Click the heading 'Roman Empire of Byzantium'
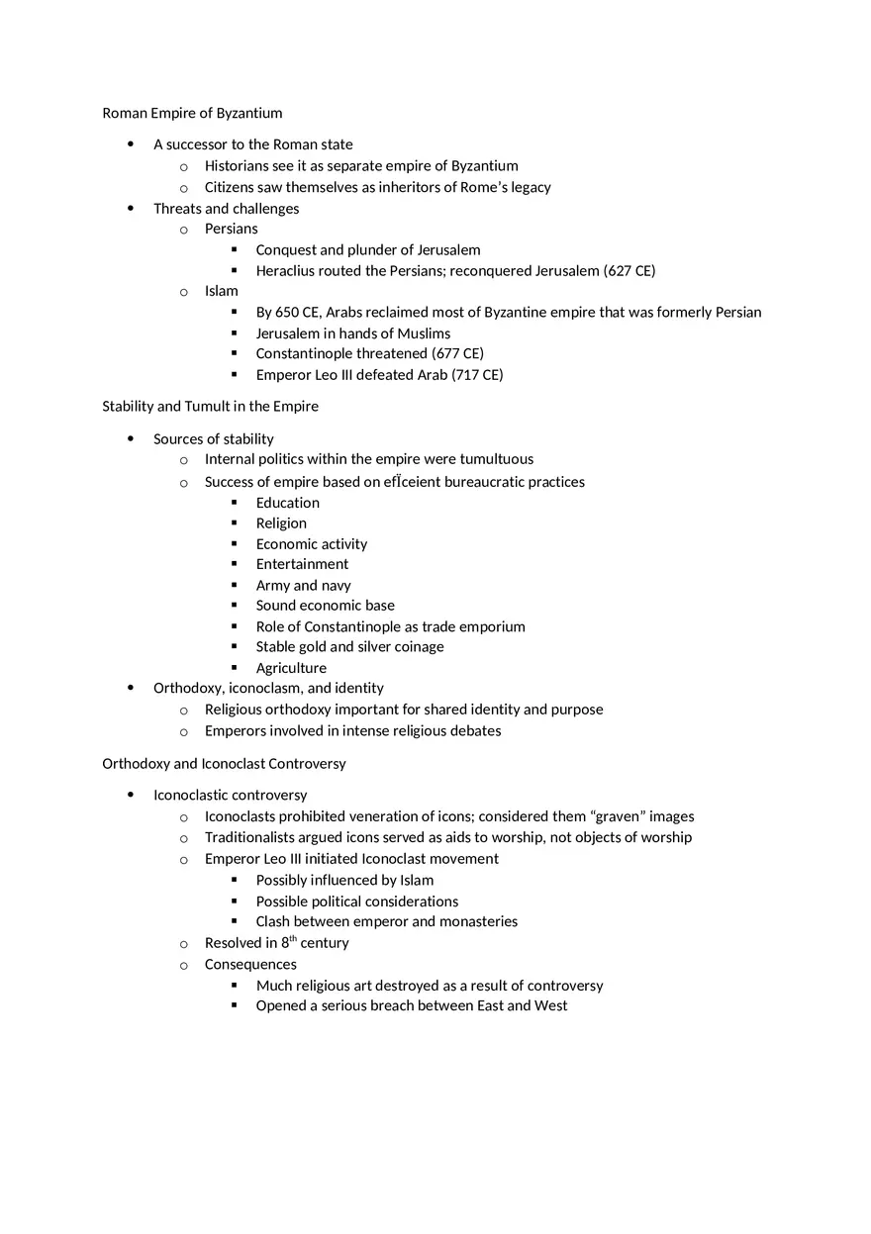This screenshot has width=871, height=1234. [x=192, y=113]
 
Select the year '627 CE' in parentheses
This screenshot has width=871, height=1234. [x=629, y=270]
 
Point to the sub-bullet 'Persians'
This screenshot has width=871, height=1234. [x=231, y=229]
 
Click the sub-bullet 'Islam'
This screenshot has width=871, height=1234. [x=222, y=291]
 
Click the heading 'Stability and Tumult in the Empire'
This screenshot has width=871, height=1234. [x=210, y=406]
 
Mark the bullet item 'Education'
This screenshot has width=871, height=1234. [x=287, y=503]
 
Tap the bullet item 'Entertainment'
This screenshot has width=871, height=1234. [x=302, y=564]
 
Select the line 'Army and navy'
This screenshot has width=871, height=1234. [x=303, y=585]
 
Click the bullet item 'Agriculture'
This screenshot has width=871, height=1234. [x=291, y=668]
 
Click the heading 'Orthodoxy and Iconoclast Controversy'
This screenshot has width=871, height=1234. [x=224, y=763]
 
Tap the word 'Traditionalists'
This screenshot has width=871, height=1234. [x=251, y=837]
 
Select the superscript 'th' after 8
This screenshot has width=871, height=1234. [x=293, y=939]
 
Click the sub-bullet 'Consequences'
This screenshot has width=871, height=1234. [x=250, y=964]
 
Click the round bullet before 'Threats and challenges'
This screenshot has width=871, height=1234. [x=131, y=208]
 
